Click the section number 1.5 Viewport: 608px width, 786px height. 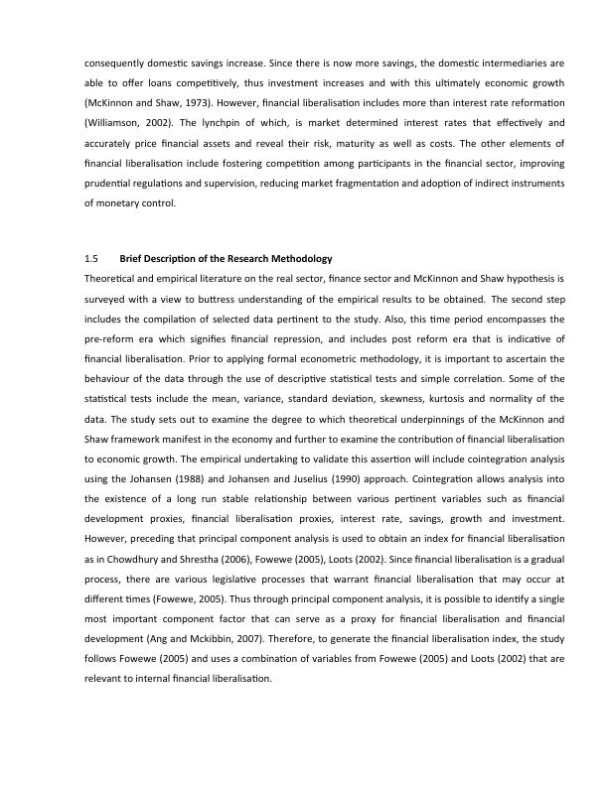tap(92, 259)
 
